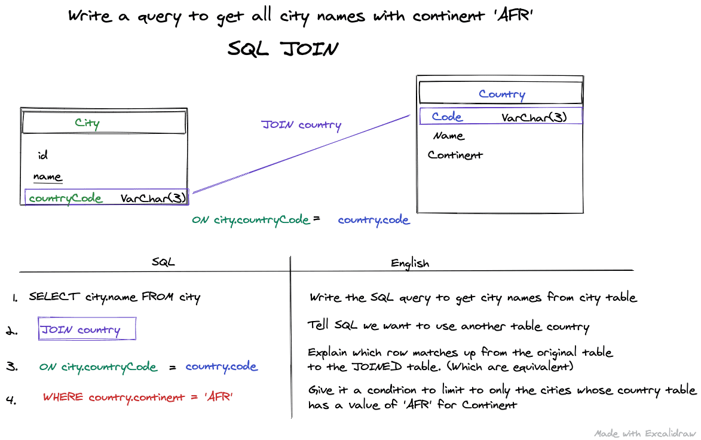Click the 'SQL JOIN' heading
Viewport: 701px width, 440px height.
[283, 48]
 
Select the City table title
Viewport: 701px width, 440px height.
[87, 123]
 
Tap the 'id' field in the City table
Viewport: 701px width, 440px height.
[42, 155]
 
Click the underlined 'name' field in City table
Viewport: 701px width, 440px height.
[47, 176]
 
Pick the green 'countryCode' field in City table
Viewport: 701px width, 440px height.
[65, 198]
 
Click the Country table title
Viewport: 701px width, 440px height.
[502, 94]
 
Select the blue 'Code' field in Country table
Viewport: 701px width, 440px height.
[446, 117]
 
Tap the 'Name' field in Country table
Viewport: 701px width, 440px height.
[449, 136]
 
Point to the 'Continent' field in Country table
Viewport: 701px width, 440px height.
[455, 155]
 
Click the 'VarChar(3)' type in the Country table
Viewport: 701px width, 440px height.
[534, 117]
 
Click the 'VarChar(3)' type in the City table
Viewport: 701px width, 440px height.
[153, 198]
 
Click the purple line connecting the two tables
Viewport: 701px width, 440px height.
[301, 154]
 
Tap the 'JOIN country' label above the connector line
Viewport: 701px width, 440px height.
[301, 125]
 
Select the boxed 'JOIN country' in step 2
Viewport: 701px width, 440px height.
[81, 330]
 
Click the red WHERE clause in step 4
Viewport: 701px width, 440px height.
[137, 397]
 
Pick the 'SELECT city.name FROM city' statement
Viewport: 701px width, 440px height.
[115, 297]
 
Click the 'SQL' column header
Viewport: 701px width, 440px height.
[163, 262]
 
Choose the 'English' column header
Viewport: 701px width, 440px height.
[410, 264]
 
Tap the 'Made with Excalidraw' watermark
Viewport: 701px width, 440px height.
[645, 433]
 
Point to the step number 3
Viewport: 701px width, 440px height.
[12, 366]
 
